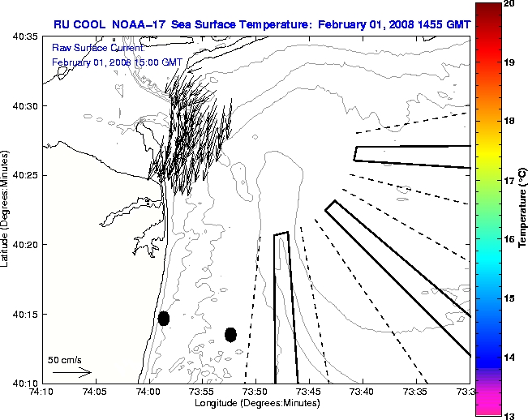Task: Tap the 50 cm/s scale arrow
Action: pyautogui.click(x=71, y=373)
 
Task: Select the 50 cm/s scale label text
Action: pyautogui.click(x=65, y=359)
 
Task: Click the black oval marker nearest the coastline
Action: pyautogui.click(x=164, y=318)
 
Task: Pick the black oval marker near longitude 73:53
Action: pyautogui.click(x=230, y=334)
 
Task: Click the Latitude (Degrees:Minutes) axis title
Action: pyautogui.click(x=7, y=209)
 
